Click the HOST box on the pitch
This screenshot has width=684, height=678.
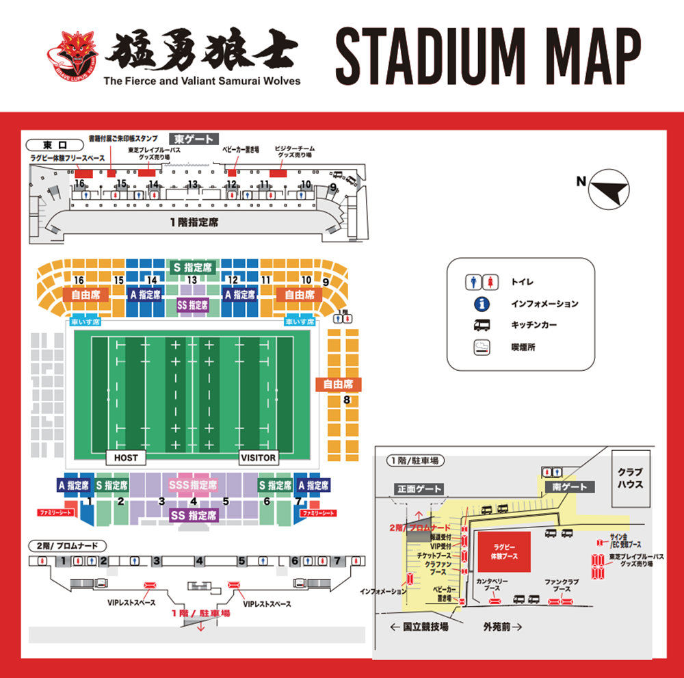click(x=126, y=458)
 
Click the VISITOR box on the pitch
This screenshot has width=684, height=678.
click(x=259, y=458)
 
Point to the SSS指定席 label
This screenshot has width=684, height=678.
click(x=194, y=485)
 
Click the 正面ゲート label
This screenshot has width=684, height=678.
click(x=419, y=489)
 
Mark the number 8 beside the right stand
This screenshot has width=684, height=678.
click(x=347, y=400)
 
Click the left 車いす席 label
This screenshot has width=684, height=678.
click(x=85, y=322)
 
